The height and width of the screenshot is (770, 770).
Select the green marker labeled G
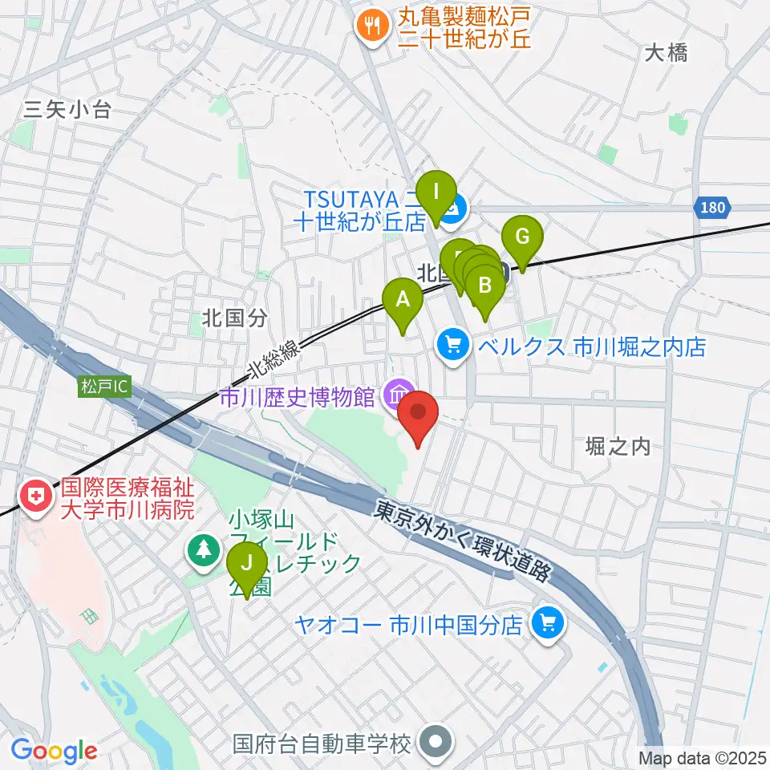pos(522,238)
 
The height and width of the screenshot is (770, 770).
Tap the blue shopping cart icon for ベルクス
pos(453,346)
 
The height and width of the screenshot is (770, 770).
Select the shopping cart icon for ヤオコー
pos(548,622)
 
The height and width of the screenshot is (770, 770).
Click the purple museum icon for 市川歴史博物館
pos(397,395)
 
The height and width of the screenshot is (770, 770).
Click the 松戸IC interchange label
pos(103,387)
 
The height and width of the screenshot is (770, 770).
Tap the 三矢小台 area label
pos(67,111)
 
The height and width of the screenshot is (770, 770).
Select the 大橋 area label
pos(666,54)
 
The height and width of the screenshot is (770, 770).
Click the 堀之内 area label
pos(618,447)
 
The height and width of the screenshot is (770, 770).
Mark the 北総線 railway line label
pos(274,357)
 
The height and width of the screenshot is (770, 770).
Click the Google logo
pos(55,751)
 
